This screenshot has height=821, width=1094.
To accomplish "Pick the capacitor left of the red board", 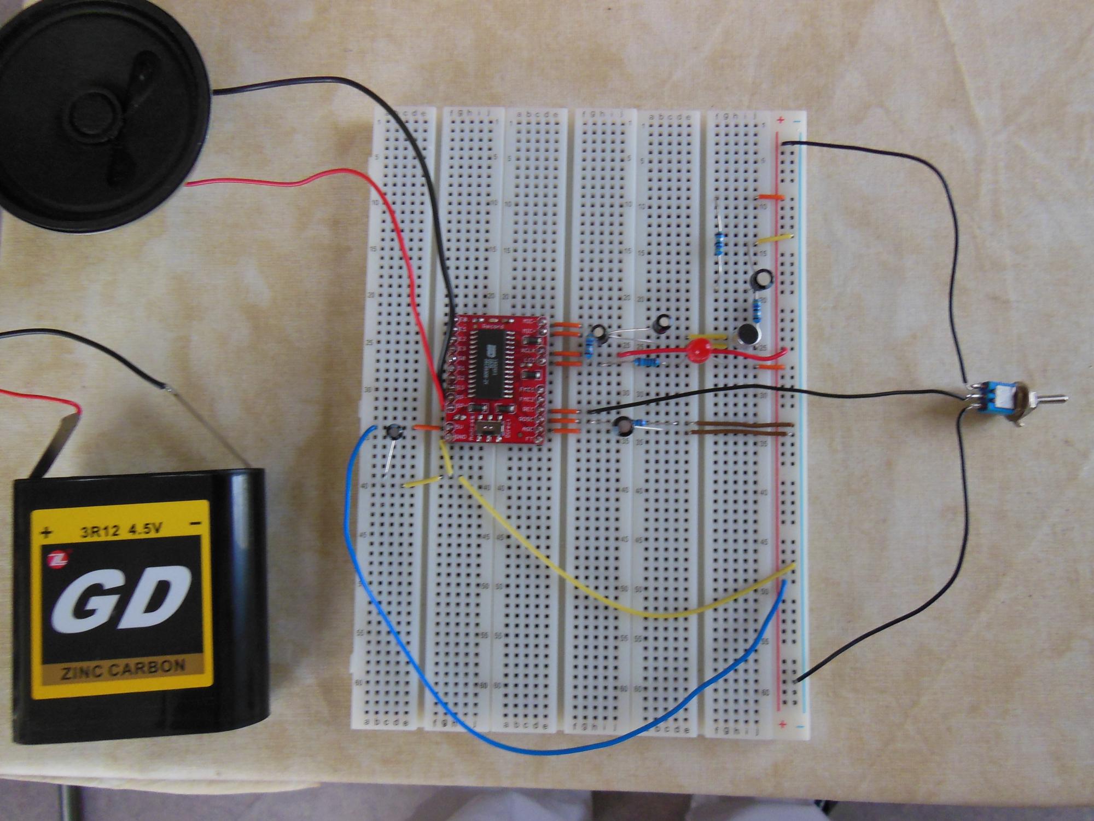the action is (x=393, y=432).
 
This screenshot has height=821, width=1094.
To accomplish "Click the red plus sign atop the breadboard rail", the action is (x=781, y=120).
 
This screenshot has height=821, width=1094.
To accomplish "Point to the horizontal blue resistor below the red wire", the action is (x=646, y=362).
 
